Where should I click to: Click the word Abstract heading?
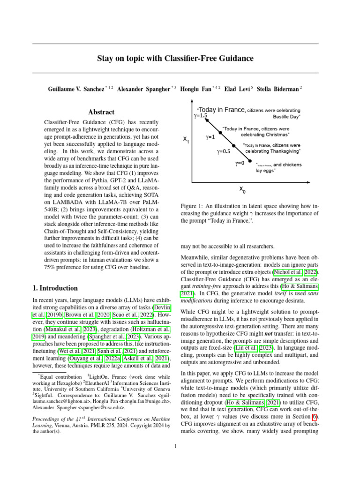(x=101, y=112)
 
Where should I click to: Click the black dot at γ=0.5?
(x=235, y=146)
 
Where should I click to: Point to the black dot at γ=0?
(x=253, y=164)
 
